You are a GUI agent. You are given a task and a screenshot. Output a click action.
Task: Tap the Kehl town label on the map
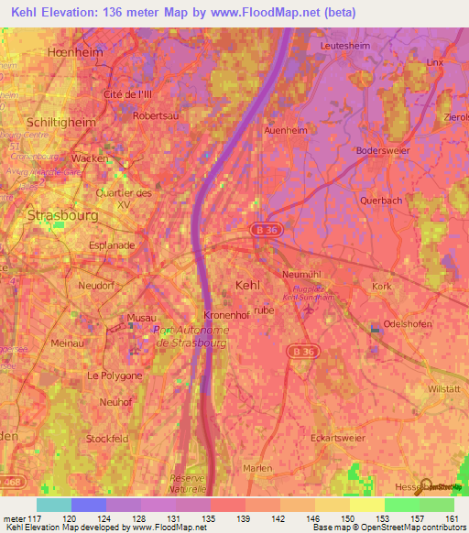tap(247, 286)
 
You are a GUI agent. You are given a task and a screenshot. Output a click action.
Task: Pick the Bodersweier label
tap(386, 149)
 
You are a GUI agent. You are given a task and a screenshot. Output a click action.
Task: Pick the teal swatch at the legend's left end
tap(53, 505)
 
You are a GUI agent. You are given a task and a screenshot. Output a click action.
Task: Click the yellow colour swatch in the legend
tap(367, 505)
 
